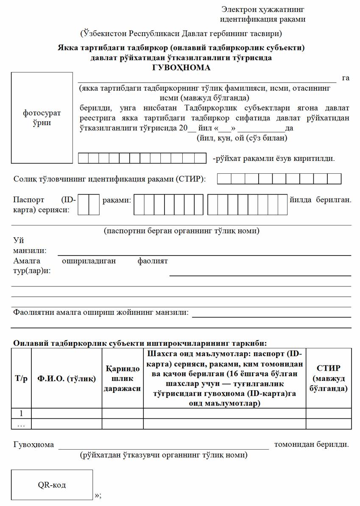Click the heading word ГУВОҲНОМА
pos(181,67)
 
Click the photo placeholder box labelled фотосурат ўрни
pos(42,118)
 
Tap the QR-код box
pos(52,485)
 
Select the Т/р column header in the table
pos(21,378)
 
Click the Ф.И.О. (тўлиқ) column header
pos(67,378)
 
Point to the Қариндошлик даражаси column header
pos(123,378)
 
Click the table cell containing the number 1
pos(21,413)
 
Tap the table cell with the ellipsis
pos(21,424)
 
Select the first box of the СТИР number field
pos(224,179)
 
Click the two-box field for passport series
pos(89,204)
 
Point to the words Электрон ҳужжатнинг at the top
pos(262,9)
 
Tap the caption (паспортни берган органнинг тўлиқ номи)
pos(181,231)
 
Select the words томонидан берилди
pos(311,445)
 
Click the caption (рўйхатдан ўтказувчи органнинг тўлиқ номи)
pos(163,456)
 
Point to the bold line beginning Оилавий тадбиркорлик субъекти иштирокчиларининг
pos(140,343)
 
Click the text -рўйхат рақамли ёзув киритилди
pos(273,159)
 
